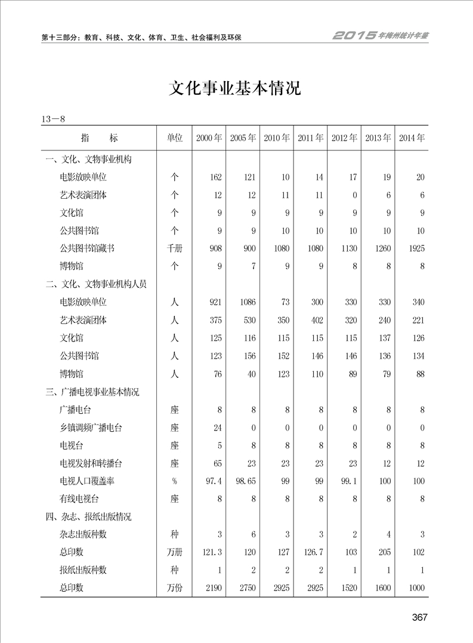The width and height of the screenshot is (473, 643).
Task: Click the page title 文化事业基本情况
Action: pyautogui.click(x=236, y=88)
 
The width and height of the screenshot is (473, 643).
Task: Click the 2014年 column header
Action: pyautogui.click(x=412, y=138)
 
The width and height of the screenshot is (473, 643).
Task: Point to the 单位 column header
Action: pyautogui.click(x=174, y=138)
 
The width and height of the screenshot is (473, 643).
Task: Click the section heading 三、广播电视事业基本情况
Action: pyautogui.click(x=93, y=392)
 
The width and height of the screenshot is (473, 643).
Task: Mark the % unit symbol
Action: pyautogui.click(x=174, y=481)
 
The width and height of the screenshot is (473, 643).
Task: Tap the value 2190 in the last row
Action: pyautogui.click(x=212, y=588)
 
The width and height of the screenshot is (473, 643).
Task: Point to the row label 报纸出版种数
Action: pyautogui.click(x=84, y=570)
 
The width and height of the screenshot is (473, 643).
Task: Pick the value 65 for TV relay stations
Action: pyautogui.click(x=217, y=463)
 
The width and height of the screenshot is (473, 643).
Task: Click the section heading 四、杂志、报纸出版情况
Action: pyautogui.click(x=89, y=516)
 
